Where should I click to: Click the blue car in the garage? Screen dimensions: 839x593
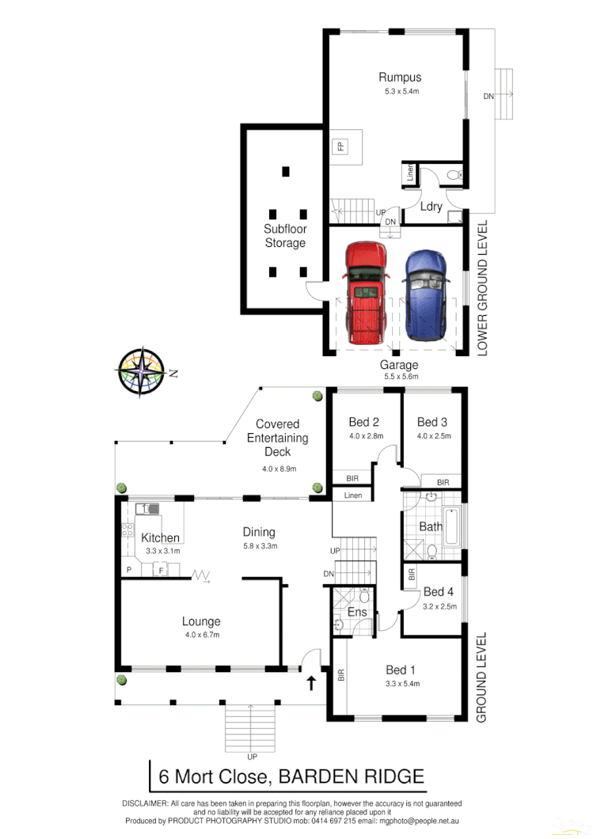point(426,294)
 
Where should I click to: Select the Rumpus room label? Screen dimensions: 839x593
point(399,78)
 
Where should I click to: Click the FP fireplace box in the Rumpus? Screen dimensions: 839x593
point(340,146)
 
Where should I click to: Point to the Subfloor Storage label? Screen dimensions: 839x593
point(285,236)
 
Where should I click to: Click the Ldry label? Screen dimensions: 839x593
point(431,207)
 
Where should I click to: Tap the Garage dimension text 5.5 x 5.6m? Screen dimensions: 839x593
point(399,377)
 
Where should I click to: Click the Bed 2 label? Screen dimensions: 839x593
point(365,422)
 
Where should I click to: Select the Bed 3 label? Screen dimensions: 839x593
point(432,422)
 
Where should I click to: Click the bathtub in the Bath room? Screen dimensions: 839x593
point(451,524)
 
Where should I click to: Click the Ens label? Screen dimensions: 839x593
point(357,612)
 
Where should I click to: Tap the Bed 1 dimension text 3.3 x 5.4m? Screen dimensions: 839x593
point(402,683)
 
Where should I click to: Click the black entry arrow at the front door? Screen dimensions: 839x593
point(311,683)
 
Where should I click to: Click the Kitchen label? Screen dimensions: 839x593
point(161,538)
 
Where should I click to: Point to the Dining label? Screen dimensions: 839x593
point(259,532)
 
